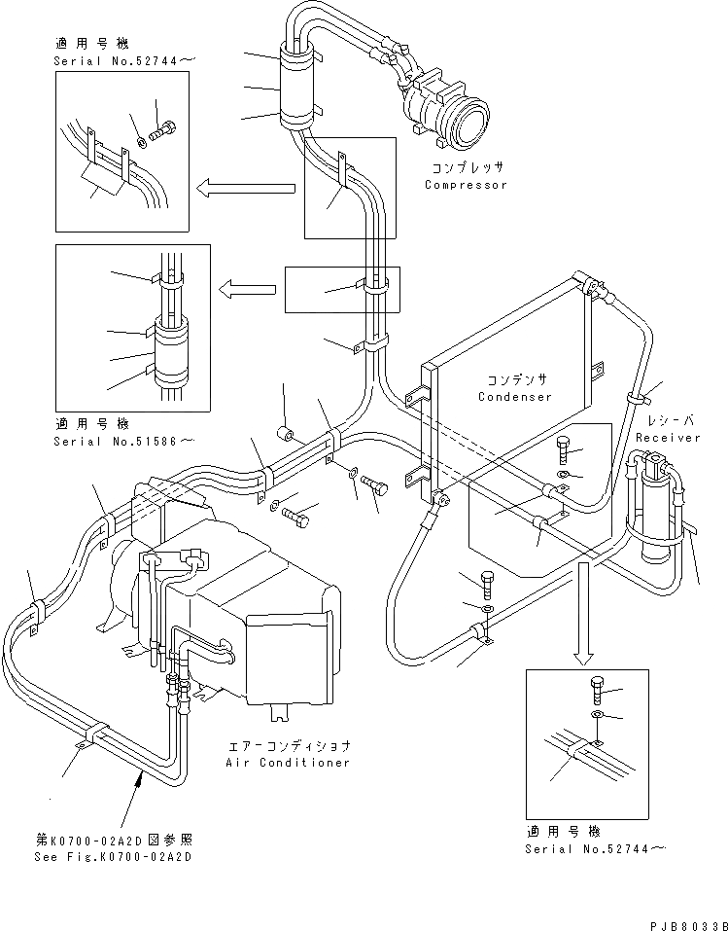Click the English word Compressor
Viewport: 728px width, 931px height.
click(466, 184)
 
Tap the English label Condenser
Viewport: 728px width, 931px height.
click(514, 396)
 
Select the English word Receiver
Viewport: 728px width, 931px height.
click(668, 438)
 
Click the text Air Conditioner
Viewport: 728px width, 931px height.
click(288, 763)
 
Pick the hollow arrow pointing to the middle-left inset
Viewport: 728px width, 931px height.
click(249, 287)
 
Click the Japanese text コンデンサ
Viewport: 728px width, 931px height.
click(514, 379)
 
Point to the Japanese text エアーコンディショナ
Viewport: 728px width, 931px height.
click(289, 746)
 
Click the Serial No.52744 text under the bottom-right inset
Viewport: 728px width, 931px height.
click(597, 848)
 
